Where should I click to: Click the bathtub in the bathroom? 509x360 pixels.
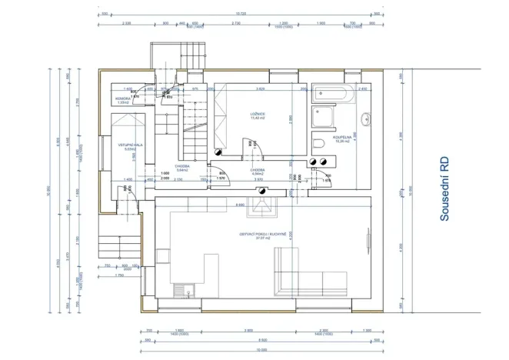(x=333, y=95)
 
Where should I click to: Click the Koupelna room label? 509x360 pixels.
(x=341, y=138)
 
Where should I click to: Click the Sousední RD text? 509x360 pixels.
(x=444, y=190)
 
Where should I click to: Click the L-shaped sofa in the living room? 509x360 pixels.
(x=312, y=278)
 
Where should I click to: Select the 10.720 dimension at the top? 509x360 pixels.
(x=240, y=13)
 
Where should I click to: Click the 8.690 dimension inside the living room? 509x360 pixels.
(x=240, y=205)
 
